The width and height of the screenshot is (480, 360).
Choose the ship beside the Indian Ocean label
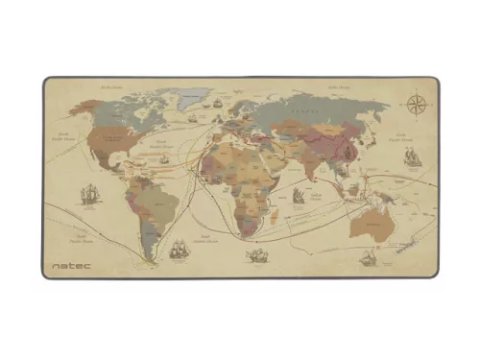click(x=299, y=195)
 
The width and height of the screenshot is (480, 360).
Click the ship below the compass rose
click(x=413, y=156)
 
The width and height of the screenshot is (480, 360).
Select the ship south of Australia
click(x=369, y=257)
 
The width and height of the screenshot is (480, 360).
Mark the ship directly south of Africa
click(x=256, y=254)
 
